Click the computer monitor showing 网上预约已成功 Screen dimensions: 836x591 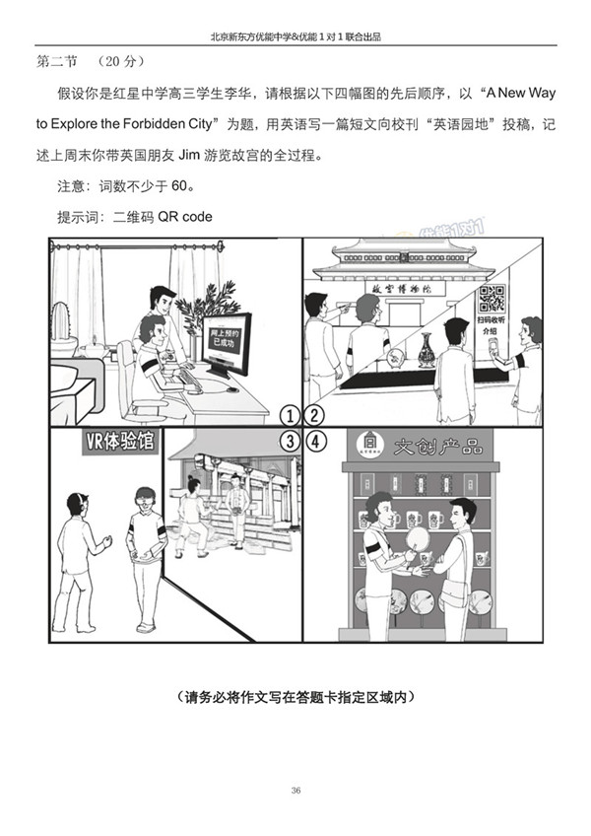click(227, 343)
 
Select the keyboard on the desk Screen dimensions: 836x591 click(189, 381)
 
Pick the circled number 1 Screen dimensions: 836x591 click(289, 414)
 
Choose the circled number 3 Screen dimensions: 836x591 click(289, 441)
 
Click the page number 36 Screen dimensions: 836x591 click(296, 790)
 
